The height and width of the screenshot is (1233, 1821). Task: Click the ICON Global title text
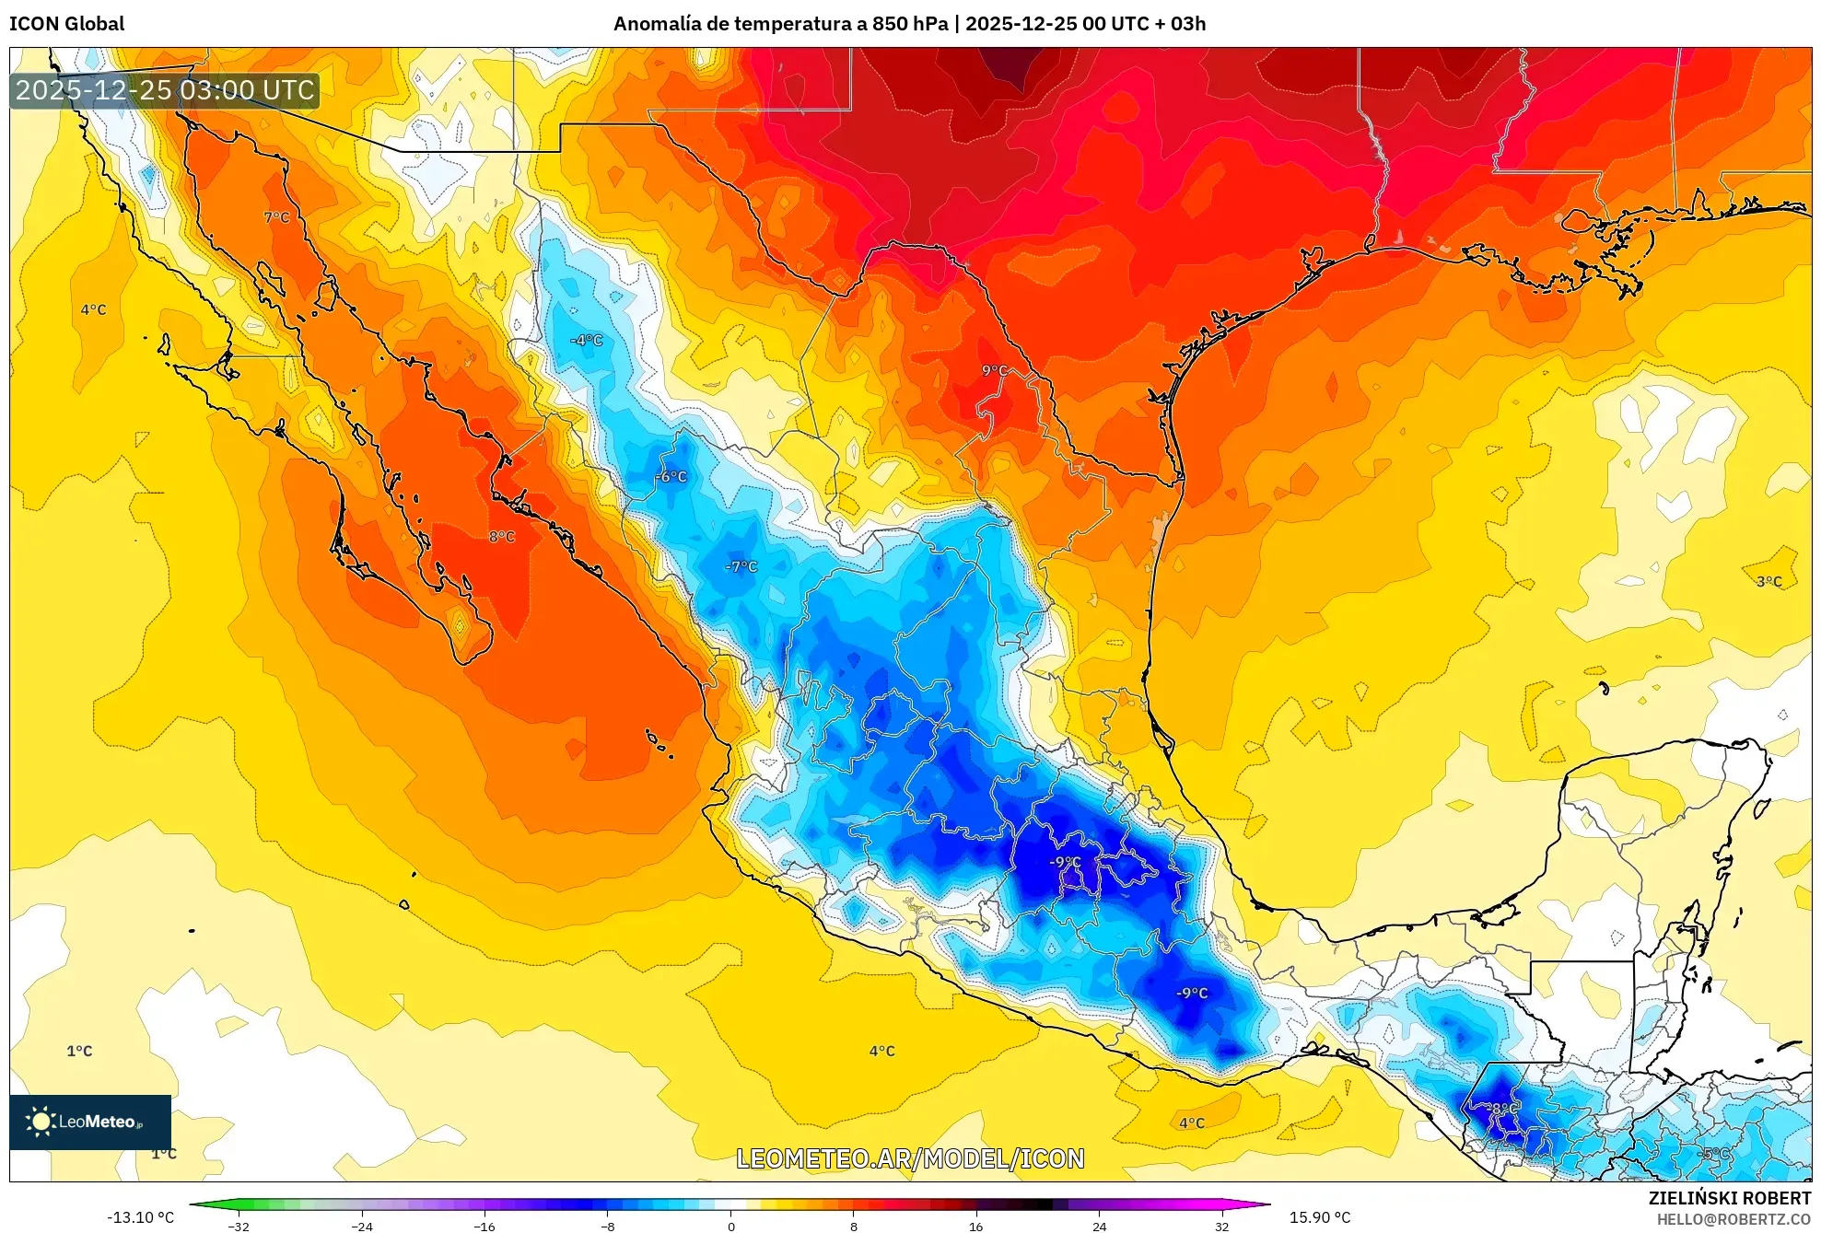66,24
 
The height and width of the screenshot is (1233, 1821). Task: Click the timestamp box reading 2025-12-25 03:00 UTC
165,90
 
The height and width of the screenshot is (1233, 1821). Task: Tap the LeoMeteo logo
89,1122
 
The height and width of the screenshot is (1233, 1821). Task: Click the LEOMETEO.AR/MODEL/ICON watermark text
910,1158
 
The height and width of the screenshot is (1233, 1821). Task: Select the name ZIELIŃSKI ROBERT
1729,1198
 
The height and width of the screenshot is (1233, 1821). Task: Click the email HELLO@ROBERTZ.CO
1733,1219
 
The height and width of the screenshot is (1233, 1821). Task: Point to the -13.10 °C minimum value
140,1217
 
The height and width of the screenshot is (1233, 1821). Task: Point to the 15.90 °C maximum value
1319,1217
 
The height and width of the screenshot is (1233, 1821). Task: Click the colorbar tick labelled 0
730,1227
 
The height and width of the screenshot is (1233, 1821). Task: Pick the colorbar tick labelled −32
239,1227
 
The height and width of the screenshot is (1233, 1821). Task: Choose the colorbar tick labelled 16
975,1227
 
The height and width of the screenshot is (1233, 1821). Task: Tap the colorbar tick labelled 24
1099,1227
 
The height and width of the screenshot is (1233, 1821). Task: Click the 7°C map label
276,217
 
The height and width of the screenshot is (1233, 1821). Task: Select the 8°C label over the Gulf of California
501,536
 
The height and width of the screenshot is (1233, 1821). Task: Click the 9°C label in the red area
994,370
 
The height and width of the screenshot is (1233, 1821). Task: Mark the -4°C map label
586,340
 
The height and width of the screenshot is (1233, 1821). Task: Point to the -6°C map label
671,476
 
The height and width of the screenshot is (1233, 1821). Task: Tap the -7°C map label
741,566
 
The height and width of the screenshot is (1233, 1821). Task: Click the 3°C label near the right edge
1768,581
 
